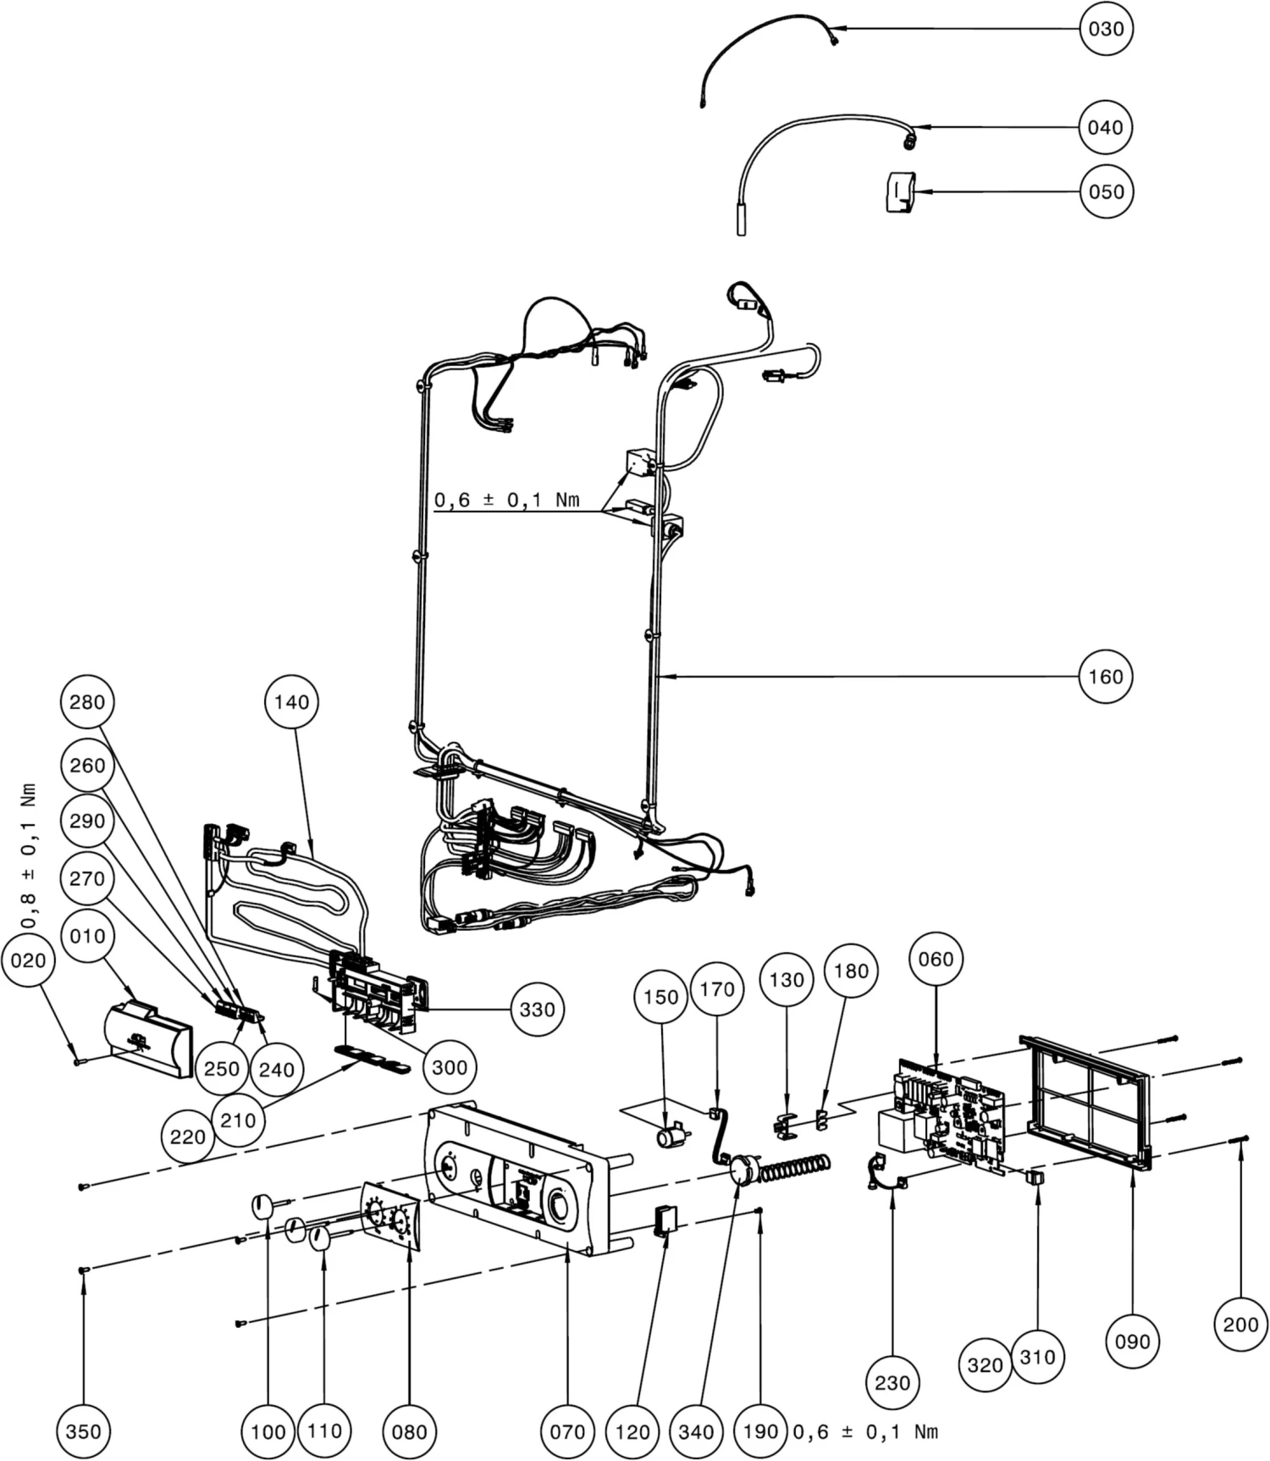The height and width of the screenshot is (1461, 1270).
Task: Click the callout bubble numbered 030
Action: pyautogui.click(x=1106, y=29)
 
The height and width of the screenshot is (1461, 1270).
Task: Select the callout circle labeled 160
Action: pyautogui.click(x=1106, y=676)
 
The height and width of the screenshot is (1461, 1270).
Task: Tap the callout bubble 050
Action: pyautogui.click(x=1106, y=191)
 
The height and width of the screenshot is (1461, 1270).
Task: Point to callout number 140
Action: pyautogui.click(x=291, y=701)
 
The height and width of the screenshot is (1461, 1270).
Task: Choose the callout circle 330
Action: pyautogui.click(x=537, y=1009)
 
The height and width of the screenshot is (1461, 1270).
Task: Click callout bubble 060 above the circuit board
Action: pyautogui.click(x=936, y=959)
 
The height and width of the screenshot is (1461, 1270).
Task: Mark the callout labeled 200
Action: pyautogui.click(x=1240, y=1324)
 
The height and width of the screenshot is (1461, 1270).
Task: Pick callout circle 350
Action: pyautogui.click(x=83, y=1431)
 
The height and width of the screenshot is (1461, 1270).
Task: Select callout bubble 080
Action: pyautogui.click(x=409, y=1431)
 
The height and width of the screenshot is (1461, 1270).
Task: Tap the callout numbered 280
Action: pyautogui.click(x=87, y=701)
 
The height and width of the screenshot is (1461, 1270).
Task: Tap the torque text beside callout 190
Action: pyautogui.click(x=865, y=1431)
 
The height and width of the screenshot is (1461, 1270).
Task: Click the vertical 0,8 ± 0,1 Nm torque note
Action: pyautogui.click(x=30, y=855)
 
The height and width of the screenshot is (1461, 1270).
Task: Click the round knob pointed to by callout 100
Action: pyautogui.click(x=263, y=1204)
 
